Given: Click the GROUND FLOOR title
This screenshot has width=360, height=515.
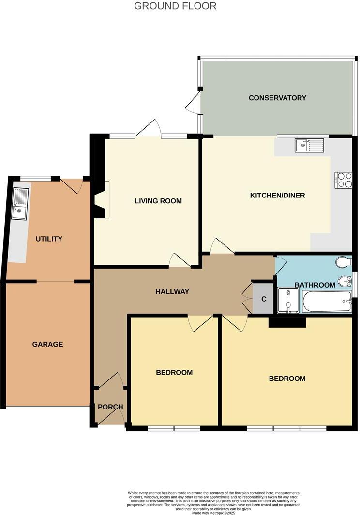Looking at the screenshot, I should [x=175, y=6].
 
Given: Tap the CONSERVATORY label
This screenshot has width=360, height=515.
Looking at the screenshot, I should [x=277, y=98].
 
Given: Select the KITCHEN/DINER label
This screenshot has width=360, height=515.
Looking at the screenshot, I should [x=277, y=196].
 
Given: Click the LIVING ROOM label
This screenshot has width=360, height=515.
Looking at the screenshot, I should [x=158, y=201].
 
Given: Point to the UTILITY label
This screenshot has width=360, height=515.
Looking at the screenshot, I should [x=49, y=239].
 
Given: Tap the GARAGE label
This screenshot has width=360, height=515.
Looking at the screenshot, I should [x=47, y=344].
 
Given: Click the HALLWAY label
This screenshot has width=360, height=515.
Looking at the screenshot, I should [x=172, y=291].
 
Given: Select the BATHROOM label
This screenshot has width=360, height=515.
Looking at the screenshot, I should [x=315, y=285].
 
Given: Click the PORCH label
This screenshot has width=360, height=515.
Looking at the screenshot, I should [x=110, y=407].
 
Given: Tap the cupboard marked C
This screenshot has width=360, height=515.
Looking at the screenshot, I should [x=264, y=299].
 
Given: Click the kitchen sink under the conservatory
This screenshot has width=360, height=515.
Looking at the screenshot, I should [x=309, y=144].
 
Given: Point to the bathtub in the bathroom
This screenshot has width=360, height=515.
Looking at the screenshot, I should [x=327, y=302].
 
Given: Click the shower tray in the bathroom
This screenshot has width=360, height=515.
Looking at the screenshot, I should [x=288, y=301].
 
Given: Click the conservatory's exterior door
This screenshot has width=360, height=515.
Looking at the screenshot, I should [x=194, y=103].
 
